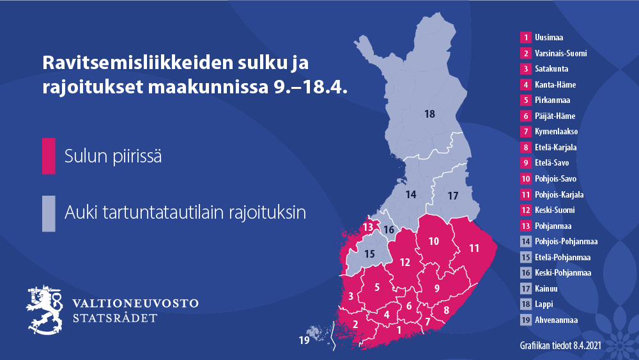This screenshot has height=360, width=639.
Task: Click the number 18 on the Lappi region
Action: point(429,114)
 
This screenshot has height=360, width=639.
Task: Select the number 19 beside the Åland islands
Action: point(304,340)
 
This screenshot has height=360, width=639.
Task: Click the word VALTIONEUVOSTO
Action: point(135,303)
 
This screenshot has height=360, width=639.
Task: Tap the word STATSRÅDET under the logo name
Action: point(115,318)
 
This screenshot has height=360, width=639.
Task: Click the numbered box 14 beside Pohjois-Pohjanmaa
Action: point(525,242)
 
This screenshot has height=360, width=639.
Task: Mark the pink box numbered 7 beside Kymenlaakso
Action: point(525,132)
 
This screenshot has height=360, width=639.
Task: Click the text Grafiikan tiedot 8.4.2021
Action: point(560,346)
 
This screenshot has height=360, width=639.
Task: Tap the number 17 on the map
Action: point(452,195)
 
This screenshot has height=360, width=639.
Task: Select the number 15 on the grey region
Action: point(369,253)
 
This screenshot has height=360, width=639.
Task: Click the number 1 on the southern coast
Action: point(399,330)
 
